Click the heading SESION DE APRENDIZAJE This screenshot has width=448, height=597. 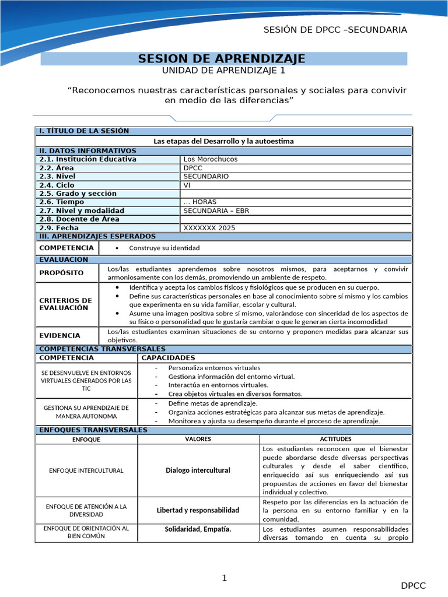coord(222,58)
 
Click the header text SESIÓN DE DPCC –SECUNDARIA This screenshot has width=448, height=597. coord(335,30)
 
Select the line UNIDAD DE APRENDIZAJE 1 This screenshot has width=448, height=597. coord(223,71)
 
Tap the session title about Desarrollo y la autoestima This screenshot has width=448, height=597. coord(223,141)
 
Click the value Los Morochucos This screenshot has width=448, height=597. coord(211,159)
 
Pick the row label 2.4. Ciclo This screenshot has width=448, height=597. coord(57,185)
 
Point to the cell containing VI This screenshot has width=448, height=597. coord(187,185)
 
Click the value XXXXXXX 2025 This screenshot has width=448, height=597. coord(209,228)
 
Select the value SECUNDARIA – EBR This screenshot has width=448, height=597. coord(216,210)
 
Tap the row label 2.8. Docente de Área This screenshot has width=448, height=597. coord(79,219)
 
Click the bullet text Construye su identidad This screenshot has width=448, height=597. coord(164,248)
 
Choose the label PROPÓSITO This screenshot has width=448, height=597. coord(61,273)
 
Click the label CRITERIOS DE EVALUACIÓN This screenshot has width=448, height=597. coord(65,304)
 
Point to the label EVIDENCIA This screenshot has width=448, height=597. coord(60,336)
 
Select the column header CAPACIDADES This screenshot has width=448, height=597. coord(169,357)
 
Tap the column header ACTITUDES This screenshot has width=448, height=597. coord(335,439)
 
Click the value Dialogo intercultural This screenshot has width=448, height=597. coord(198,470)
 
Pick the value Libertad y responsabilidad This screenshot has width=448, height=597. coord(198,510)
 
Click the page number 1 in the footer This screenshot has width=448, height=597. coord(223,578)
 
